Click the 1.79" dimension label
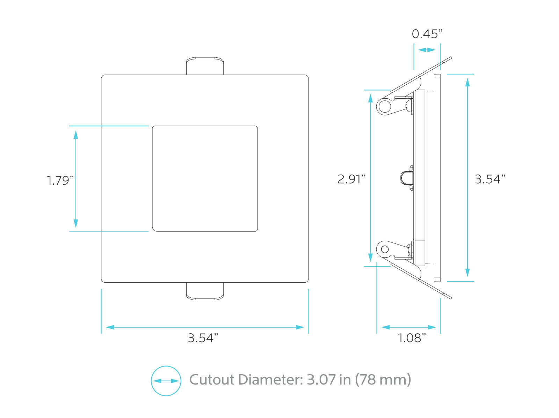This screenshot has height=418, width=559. [x=60, y=180]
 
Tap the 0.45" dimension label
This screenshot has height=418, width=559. [x=427, y=34]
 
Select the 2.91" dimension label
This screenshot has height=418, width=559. [x=351, y=179]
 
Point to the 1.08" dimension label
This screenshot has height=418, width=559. [x=412, y=338]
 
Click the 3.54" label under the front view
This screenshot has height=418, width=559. [x=203, y=338]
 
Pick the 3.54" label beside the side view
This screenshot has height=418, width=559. [x=490, y=179]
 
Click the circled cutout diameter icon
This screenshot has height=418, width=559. [x=166, y=381]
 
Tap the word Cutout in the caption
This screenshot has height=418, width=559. [x=212, y=380]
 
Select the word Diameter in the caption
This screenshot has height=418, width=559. [x=271, y=380]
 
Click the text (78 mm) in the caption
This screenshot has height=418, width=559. [x=383, y=380]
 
